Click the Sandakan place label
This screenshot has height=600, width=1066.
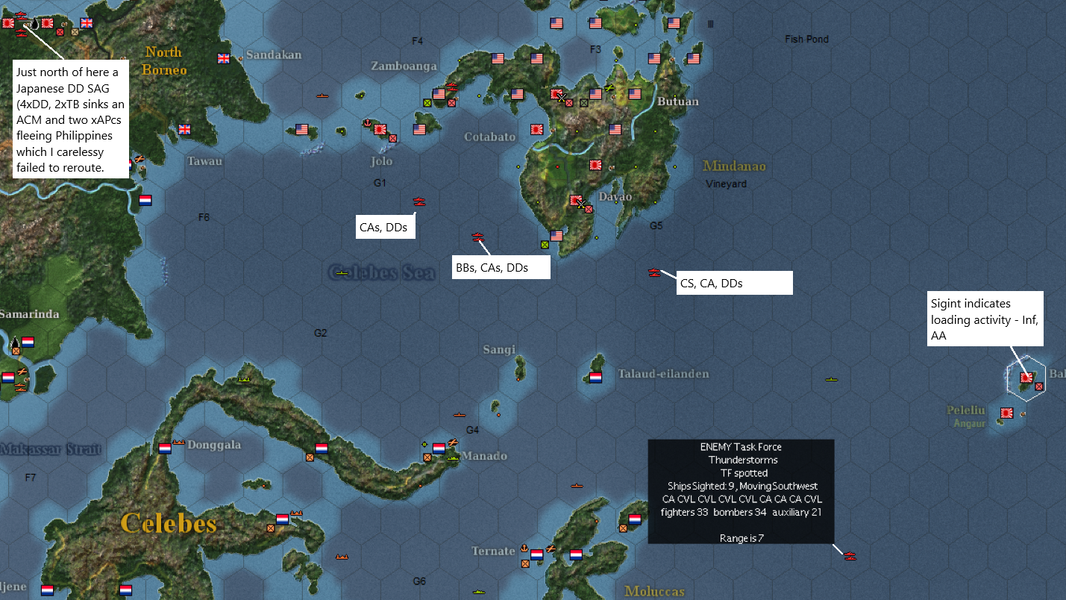274,54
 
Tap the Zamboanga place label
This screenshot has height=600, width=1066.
404,66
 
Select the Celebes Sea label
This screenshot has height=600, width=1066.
381,273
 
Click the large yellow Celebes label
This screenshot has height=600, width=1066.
169,523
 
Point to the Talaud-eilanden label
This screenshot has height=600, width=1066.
663,373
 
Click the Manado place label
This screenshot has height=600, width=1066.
484,456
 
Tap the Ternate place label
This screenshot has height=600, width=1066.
493,551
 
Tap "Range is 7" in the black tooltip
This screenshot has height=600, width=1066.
741,538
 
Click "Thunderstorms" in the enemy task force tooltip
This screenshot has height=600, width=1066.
741,460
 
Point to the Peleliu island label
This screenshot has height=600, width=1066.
966,410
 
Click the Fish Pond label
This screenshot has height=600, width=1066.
806,39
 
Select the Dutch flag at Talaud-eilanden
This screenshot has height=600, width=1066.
595,378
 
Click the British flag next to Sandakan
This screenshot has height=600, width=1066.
224,58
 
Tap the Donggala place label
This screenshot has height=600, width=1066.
214,445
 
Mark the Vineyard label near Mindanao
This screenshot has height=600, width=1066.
726,184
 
